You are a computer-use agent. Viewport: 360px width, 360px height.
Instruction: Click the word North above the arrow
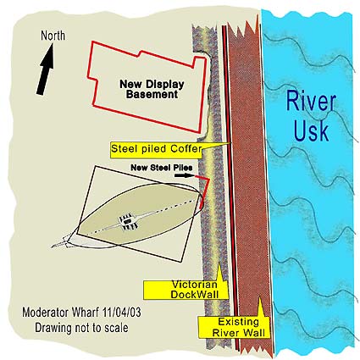53,36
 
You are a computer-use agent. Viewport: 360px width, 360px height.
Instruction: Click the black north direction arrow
46,69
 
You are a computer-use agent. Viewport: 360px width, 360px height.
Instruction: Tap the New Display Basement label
152,89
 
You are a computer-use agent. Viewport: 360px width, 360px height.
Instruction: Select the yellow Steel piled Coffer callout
156,149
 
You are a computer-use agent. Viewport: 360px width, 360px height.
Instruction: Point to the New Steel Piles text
162,168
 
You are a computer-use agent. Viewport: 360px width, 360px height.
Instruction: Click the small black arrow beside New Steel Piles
185,175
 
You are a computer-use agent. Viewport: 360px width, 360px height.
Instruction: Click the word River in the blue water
311,102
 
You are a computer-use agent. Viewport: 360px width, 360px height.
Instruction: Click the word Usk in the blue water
311,130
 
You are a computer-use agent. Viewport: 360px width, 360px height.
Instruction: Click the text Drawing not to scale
81,328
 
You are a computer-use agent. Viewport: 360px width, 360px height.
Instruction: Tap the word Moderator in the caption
46,313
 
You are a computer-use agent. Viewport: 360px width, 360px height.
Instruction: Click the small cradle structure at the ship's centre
128,221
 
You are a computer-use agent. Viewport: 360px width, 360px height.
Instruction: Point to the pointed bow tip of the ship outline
53,247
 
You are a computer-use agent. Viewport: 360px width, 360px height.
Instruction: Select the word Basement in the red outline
152,95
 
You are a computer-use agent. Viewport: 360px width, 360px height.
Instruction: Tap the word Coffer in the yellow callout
187,148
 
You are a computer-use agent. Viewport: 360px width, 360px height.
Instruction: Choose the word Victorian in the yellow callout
195,285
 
